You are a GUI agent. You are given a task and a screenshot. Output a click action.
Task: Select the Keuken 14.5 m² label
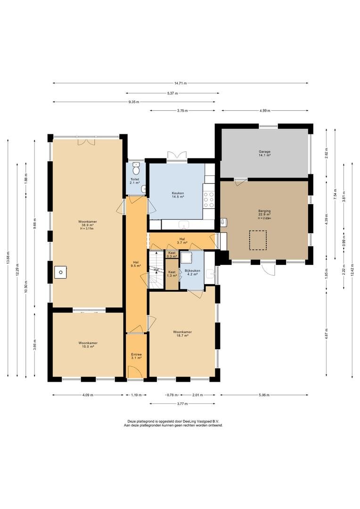(x=178, y=195)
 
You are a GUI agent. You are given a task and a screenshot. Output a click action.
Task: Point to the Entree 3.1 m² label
(x=136, y=356)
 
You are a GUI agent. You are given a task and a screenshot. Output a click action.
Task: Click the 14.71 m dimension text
(x=180, y=83)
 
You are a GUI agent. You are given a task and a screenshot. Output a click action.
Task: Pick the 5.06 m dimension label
(x=264, y=395)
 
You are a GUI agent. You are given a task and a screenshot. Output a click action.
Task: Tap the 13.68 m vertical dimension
(x=8, y=258)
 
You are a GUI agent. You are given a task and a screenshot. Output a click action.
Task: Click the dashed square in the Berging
(x=258, y=240)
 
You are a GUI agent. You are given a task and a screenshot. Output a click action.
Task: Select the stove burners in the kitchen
(x=209, y=199)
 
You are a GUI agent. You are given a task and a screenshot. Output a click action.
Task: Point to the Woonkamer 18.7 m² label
(x=182, y=334)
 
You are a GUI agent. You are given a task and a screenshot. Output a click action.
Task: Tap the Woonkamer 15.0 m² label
(x=88, y=345)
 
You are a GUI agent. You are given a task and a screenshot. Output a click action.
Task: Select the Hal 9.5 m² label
(x=136, y=264)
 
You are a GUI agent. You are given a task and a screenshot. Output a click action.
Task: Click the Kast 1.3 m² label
(x=172, y=274)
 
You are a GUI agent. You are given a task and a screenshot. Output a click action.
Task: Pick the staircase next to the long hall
(x=156, y=269)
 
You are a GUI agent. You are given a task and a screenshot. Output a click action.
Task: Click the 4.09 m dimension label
(x=88, y=395)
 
